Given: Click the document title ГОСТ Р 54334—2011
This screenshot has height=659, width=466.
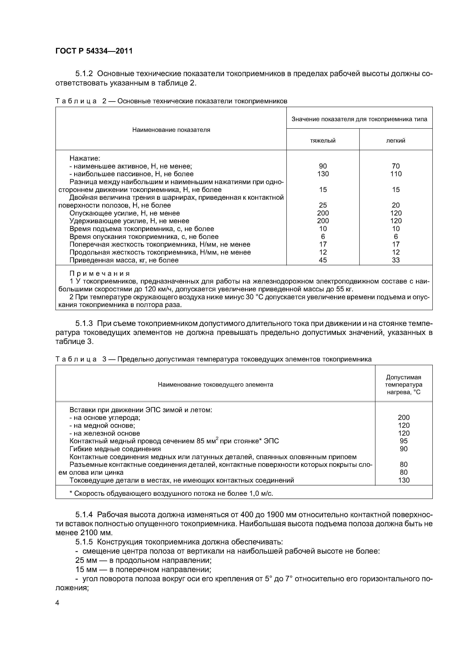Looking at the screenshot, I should [x=94, y=51].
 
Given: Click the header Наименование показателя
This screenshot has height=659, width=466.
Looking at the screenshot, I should [x=171, y=130].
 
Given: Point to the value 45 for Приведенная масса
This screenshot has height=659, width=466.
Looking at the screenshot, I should [x=323, y=260].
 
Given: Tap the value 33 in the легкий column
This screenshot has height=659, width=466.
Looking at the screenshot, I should [x=396, y=260].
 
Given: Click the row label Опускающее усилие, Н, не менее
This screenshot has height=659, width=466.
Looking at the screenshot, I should [x=125, y=213].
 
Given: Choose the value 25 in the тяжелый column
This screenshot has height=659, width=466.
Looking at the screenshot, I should [x=323, y=205].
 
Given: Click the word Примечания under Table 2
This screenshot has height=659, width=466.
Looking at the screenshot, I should [x=100, y=273].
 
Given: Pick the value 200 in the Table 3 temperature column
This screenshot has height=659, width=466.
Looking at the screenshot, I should [x=403, y=418].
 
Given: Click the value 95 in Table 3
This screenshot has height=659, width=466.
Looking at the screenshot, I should [x=403, y=441].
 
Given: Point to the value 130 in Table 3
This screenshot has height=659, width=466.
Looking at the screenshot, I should [x=403, y=480].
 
